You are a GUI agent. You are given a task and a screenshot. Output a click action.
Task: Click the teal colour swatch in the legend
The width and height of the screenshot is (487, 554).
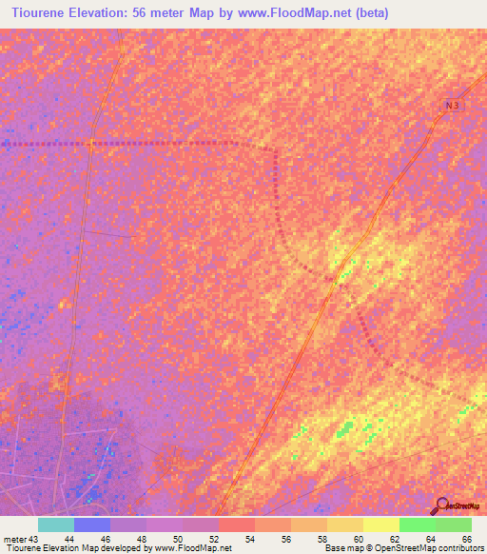pos(56,524)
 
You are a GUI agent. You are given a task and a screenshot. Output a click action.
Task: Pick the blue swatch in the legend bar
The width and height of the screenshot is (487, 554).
pos(92,524)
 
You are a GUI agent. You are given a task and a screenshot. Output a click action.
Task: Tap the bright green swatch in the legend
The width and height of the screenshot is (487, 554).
pos(418,524)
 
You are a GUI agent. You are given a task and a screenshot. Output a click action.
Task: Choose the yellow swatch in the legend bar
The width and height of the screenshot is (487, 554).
pos(381,524)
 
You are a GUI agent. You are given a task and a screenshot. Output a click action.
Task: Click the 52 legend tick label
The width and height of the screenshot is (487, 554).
pos(217,538)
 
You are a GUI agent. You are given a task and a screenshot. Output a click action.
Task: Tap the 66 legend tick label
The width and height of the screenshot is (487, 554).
pos(466,538)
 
